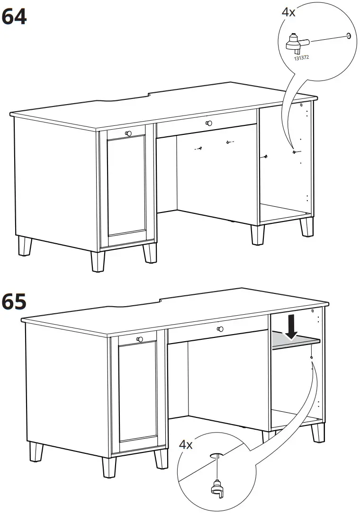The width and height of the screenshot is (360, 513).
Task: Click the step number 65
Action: (x=14, y=301)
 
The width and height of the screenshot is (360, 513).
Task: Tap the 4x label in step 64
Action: (x=288, y=12)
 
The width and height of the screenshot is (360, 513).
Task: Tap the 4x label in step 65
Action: (x=186, y=444)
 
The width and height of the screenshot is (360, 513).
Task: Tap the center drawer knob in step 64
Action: (x=209, y=123)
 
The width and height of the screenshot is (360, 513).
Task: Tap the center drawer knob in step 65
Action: (x=219, y=329)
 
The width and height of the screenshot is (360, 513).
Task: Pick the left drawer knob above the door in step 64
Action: (x=127, y=133)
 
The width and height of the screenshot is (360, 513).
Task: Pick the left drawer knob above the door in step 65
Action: (x=139, y=339)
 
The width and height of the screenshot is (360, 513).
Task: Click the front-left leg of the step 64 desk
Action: (x=98, y=260)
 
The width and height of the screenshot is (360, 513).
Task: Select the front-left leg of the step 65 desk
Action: (x=109, y=466)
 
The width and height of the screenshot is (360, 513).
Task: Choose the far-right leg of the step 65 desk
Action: (x=318, y=432)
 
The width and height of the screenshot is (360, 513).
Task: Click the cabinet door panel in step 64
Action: (x=126, y=189)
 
